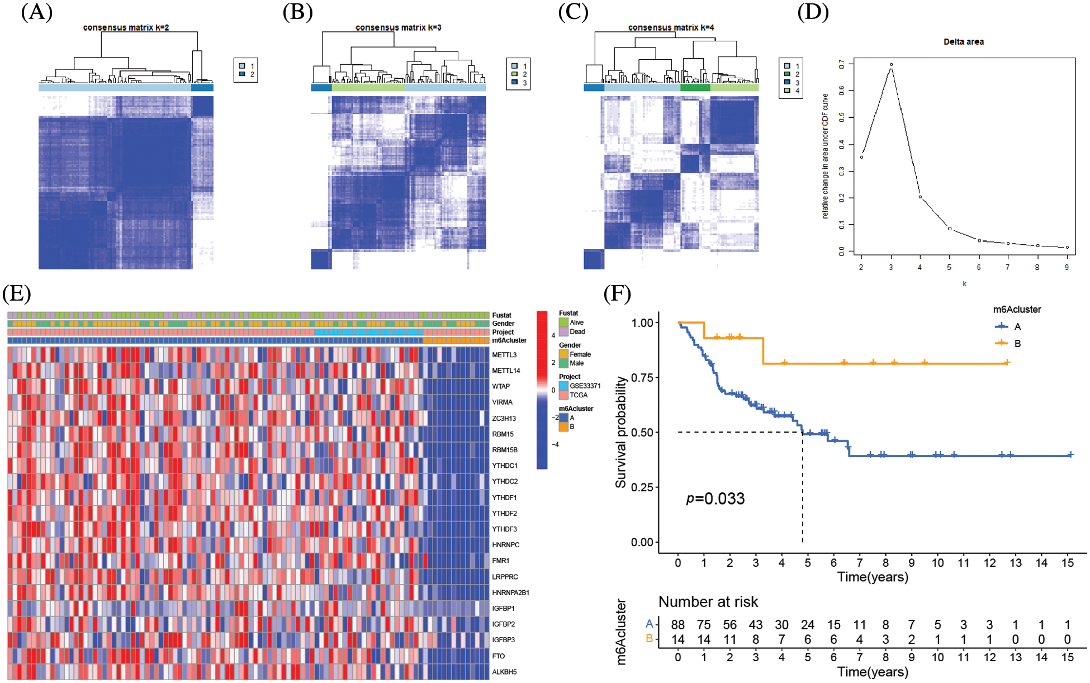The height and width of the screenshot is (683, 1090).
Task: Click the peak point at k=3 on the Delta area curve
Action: [x=891, y=65]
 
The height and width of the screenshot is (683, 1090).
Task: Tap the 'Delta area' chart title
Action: [x=963, y=42]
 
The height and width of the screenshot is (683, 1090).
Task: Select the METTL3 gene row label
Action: [x=504, y=355]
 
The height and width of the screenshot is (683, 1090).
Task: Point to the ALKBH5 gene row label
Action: [x=504, y=672]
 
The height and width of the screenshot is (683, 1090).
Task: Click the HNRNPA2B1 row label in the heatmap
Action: [x=510, y=592]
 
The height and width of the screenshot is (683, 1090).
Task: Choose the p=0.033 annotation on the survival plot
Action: [x=715, y=499]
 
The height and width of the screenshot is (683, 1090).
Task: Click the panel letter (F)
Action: [x=617, y=293]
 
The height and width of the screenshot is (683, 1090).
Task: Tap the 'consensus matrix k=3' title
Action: [x=398, y=27]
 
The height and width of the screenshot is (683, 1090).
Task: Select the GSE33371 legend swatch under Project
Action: [x=563, y=386]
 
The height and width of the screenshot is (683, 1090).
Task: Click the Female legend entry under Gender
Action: [x=580, y=354]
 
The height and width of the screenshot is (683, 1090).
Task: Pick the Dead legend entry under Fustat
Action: [x=577, y=331]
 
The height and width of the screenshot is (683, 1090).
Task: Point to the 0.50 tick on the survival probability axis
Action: [x=642, y=433]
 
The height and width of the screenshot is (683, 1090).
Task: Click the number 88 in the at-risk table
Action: [x=677, y=625]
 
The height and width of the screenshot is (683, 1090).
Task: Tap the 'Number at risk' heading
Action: [x=708, y=602]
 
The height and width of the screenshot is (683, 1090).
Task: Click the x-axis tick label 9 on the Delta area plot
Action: [x=1067, y=268]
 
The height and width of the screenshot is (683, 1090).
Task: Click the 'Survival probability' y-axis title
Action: [x=620, y=432]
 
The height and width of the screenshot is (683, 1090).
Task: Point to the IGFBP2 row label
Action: [x=504, y=624]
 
